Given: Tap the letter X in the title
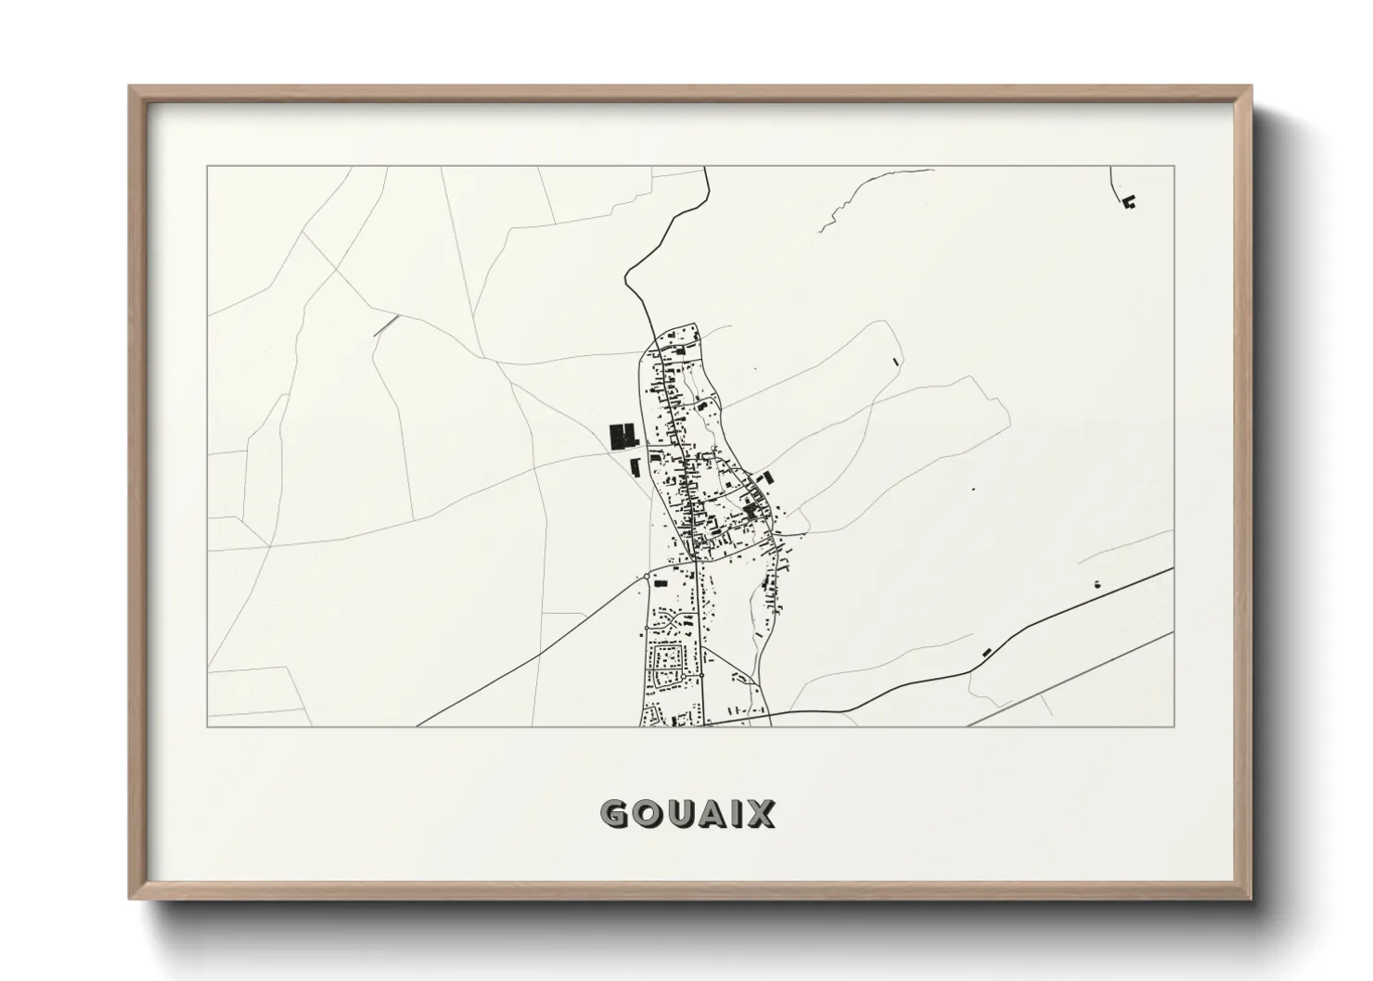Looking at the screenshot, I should [x=760, y=814].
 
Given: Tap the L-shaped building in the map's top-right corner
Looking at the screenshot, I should [x=1129, y=201].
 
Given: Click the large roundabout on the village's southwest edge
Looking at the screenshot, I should [x=646, y=577].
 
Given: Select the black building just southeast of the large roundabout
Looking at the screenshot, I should [x=661, y=583].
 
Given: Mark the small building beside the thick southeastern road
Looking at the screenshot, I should [x=986, y=651].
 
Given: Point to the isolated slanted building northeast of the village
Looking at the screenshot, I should [x=895, y=361].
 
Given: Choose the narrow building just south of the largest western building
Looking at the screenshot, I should [x=635, y=466].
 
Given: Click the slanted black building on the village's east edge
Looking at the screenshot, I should [x=768, y=478].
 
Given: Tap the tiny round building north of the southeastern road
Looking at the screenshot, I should [x=1097, y=584].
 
